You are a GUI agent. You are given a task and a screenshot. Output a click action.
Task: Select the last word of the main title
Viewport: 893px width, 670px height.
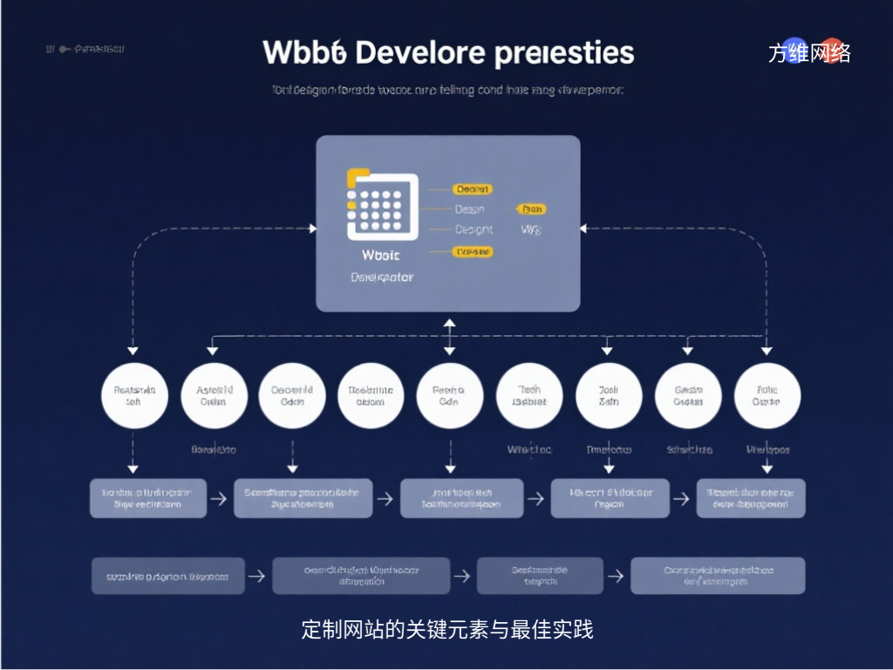(563, 52)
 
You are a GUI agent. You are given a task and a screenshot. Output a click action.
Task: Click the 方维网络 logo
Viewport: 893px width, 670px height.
(809, 53)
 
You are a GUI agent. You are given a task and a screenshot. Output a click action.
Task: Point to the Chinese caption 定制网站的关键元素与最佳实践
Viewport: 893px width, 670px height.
(446, 629)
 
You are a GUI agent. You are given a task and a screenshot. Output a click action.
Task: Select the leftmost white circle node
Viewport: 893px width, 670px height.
(133, 396)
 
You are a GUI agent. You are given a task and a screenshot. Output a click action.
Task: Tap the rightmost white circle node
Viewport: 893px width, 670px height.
(767, 396)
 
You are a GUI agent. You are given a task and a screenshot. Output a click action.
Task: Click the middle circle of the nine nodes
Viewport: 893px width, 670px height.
(450, 396)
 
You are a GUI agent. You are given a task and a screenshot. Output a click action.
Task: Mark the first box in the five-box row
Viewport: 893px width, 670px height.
(148, 498)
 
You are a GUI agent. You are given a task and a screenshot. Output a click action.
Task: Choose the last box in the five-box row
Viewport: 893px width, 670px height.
(751, 498)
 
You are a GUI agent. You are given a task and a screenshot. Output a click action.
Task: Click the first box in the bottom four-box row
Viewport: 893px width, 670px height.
(168, 576)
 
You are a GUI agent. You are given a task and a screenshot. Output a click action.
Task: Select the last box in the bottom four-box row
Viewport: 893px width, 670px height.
(718, 576)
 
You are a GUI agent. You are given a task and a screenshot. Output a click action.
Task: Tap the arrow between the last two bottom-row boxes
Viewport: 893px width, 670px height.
(616, 576)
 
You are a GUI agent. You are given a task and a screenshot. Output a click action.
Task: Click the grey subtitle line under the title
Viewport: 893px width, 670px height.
(446, 90)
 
